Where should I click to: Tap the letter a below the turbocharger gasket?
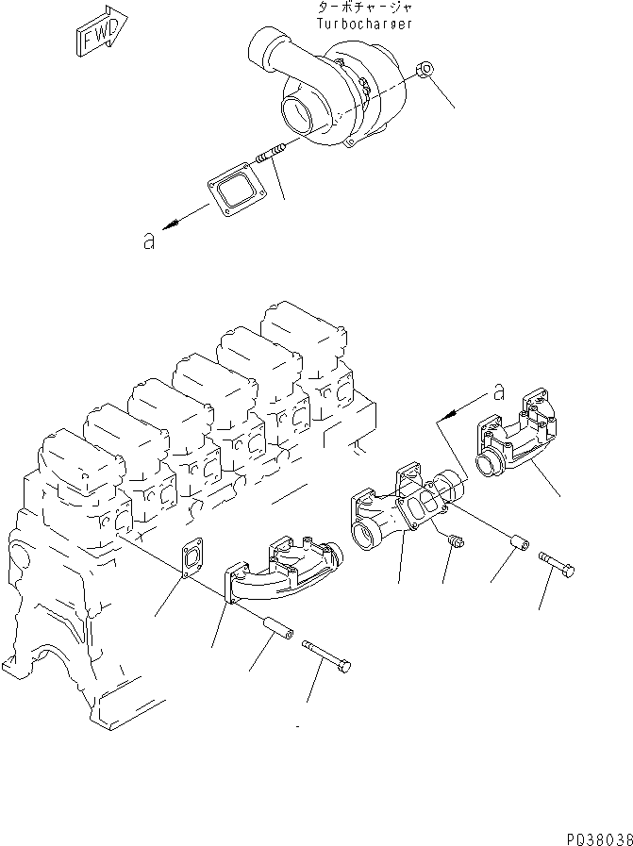pos(148,241)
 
